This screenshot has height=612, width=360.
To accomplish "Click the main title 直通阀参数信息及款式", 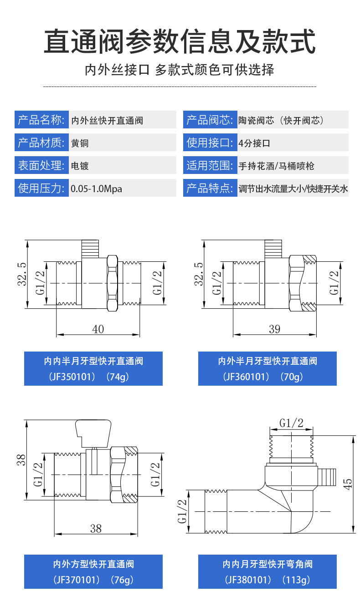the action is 180,42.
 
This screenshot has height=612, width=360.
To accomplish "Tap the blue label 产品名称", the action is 40,120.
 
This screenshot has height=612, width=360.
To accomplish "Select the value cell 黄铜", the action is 80,143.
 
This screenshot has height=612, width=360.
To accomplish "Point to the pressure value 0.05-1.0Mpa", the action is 96,188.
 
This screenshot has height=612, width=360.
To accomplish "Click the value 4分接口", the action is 254,143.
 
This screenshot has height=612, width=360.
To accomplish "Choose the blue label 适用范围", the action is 209,165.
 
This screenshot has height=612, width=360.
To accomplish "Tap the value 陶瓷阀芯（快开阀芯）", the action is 281,120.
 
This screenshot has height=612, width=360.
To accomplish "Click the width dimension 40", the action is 98,329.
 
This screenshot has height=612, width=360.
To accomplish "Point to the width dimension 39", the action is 274,329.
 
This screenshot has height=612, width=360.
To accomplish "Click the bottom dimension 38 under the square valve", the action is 96,528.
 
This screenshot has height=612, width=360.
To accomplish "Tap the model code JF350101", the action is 74,377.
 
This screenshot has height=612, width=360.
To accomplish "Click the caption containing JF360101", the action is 267,369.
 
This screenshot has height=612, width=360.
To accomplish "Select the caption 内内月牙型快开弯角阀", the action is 267,564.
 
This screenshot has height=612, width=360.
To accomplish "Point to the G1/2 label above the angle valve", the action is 291,423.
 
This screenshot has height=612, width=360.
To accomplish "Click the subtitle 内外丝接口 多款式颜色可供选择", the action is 180,70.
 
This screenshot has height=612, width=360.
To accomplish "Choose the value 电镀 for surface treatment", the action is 80,165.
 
